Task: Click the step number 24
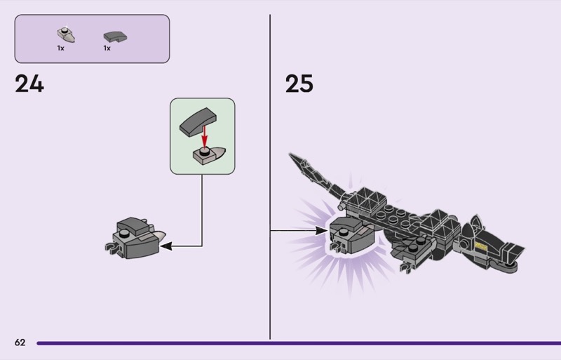coord(29,84)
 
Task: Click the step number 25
coord(299,84)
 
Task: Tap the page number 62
coord(20,342)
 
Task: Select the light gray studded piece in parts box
coord(66,35)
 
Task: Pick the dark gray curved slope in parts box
coord(115,36)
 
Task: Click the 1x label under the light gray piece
coord(60,48)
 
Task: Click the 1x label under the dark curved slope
coord(107,48)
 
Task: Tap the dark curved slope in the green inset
coord(198,122)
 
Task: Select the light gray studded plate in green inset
coord(208,155)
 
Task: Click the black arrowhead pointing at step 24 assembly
coord(166,246)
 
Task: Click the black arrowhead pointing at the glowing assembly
coord(321,231)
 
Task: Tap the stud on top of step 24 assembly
coord(125,234)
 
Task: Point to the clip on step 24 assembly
coord(111,247)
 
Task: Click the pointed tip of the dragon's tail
coord(290,154)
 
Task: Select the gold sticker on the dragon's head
coord(481,246)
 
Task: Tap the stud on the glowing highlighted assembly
coord(343,232)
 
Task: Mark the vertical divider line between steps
coord(270,177)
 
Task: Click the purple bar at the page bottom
coord(299,343)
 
